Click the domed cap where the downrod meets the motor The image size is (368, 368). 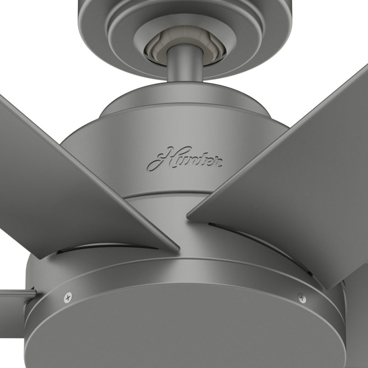[184, 103]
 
